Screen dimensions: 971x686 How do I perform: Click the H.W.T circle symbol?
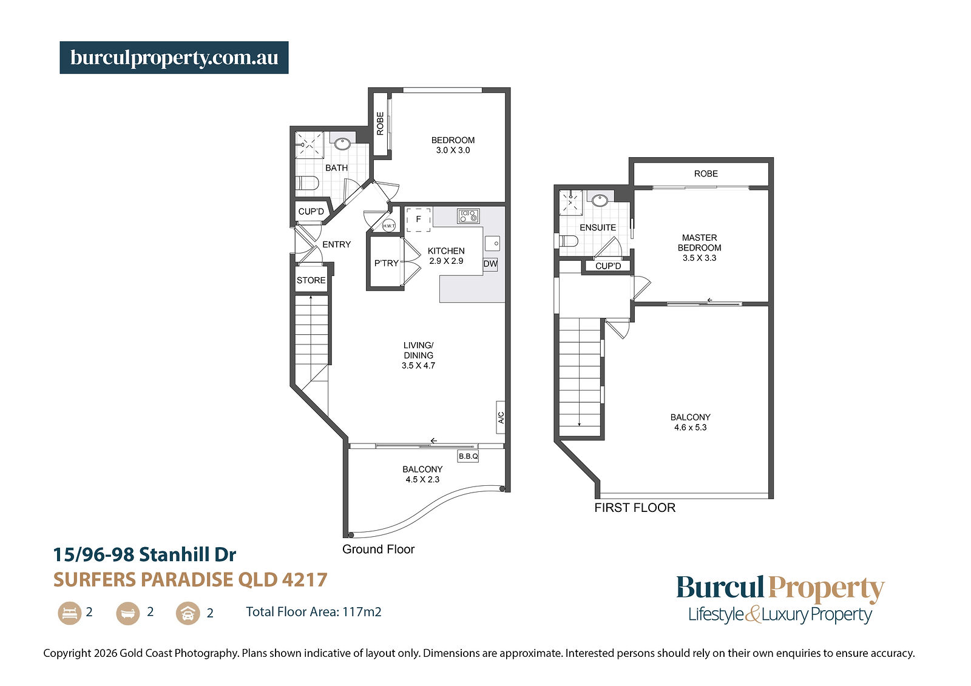(389, 226)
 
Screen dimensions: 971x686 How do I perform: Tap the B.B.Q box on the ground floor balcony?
(468, 456)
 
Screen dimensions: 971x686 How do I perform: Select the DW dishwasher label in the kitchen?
(490, 264)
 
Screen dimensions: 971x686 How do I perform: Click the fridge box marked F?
(418, 220)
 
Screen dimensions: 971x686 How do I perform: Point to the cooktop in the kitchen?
(468, 215)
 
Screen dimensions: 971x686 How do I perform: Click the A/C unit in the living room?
(501, 417)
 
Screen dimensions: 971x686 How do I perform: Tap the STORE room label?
(311, 280)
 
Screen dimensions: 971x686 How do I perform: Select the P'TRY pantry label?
(386, 263)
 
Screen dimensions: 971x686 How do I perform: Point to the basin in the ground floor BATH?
(342, 143)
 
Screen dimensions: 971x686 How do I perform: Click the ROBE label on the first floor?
(706, 174)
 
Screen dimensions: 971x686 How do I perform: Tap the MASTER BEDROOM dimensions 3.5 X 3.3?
(699, 258)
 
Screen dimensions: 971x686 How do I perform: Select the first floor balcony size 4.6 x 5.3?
(690, 427)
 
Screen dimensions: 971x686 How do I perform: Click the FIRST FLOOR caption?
(635, 508)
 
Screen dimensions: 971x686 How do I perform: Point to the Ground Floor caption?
(379, 549)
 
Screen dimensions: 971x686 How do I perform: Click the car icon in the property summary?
(188, 613)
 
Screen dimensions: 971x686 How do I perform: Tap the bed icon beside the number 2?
(69, 613)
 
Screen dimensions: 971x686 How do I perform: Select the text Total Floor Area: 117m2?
(314, 612)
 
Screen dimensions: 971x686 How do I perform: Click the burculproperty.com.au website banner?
(174, 58)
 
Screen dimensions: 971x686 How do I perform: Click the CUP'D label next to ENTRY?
(311, 212)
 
